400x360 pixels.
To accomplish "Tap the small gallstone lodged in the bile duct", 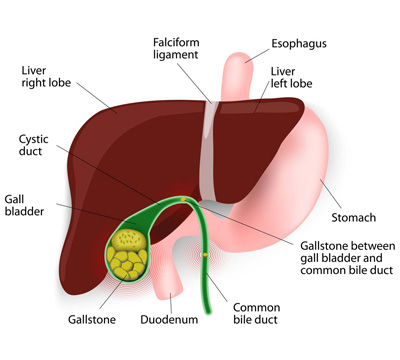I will [206, 256].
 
